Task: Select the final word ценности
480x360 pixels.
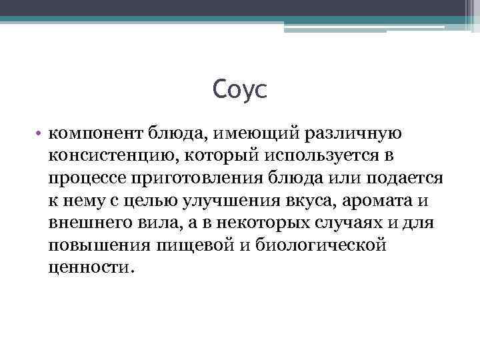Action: coord(91,268)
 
